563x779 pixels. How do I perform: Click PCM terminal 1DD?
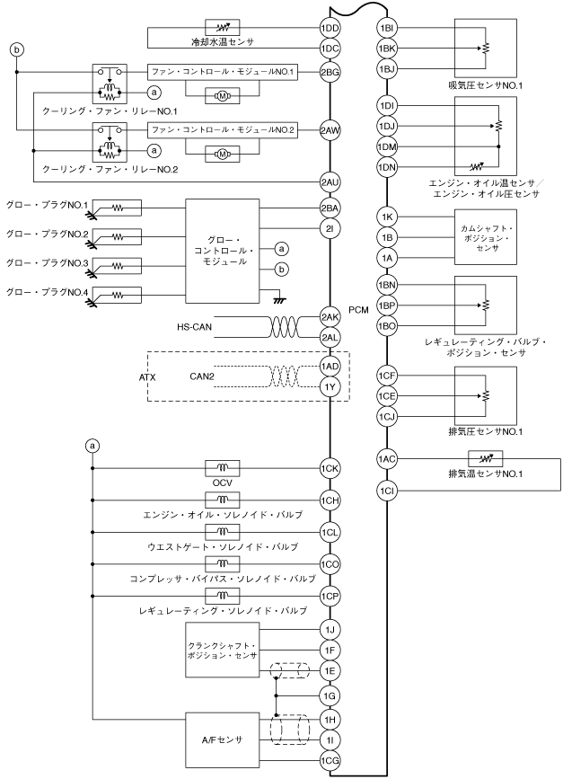(330, 28)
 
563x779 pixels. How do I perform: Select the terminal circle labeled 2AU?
(330, 182)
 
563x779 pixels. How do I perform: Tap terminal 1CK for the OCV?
(330, 468)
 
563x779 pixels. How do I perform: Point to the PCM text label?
(358, 310)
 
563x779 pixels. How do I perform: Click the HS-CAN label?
(194, 327)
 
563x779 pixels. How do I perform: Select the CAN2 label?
(202, 376)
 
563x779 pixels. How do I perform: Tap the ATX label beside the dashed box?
(147, 377)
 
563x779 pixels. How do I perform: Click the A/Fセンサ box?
(223, 739)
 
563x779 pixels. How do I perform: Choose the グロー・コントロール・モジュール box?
(223, 251)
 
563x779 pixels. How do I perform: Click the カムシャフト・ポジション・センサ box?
(486, 237)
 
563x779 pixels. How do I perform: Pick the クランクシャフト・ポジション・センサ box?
(223, 651)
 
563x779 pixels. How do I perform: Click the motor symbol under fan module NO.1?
(223, 96)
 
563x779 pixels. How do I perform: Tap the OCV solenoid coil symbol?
(223, 468)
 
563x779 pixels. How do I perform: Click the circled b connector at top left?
(17, 49)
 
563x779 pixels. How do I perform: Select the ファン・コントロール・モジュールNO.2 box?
(223, 130)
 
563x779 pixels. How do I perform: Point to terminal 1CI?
(387, 491)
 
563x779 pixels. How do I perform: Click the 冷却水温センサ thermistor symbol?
(223, 27)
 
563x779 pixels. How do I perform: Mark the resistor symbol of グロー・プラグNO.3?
(117, 266)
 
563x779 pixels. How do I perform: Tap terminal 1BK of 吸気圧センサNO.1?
(387, 49)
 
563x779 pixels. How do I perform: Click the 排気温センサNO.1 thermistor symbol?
(486, 458)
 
